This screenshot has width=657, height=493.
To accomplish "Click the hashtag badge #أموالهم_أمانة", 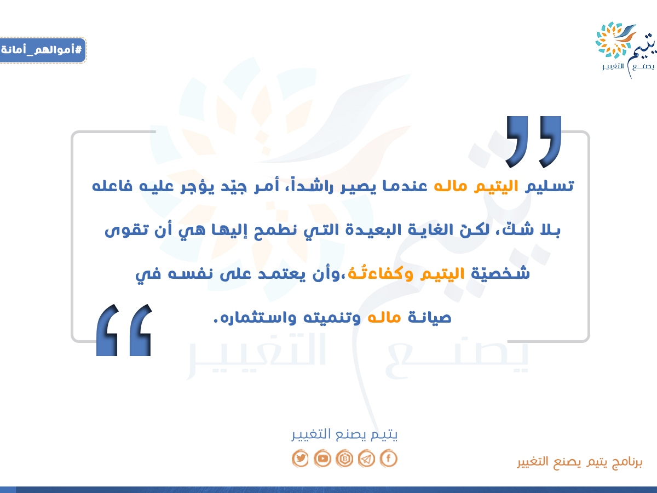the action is [43, 50].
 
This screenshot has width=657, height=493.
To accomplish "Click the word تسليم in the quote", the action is [550, 186].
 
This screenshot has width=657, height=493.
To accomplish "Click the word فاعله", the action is [112, 186].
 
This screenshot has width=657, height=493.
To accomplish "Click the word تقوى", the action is [126, 231].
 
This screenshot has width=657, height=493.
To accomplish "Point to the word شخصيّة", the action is [500, 273].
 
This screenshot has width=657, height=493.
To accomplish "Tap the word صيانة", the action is [430, 318].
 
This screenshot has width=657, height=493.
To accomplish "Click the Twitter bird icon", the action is [300, 458].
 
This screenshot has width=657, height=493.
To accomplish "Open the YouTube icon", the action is [322, 458].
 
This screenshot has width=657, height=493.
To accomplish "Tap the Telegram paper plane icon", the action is [366, 458].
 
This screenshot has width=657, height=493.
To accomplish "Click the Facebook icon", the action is [389, 458].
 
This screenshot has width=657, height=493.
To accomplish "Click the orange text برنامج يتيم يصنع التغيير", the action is [580, 462].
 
